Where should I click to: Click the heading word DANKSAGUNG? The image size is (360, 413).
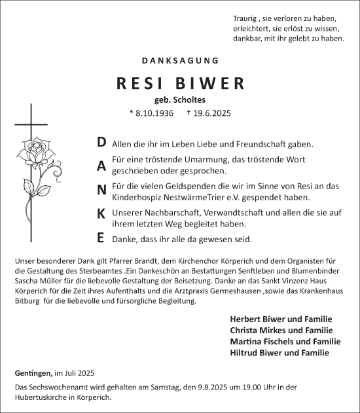tap(180, 60)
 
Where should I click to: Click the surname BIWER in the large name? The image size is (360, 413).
tap(211, 84)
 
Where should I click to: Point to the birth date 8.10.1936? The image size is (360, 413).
tap(155, 113)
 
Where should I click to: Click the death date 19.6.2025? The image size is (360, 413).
tap(209, 113)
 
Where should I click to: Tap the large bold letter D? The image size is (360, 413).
tap(101, 142)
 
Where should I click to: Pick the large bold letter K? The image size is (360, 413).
tap(101, 213)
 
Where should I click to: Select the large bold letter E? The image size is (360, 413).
tap(101, 237)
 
